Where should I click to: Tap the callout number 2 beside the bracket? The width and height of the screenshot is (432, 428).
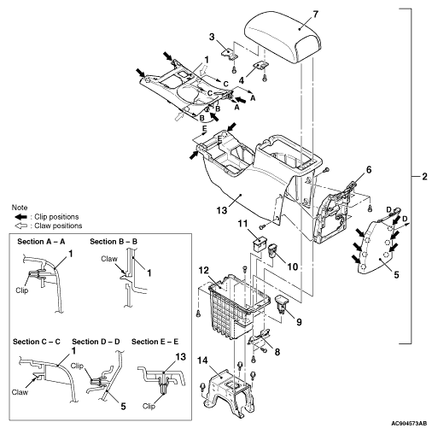424,177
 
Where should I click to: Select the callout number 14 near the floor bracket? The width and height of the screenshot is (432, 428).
203,361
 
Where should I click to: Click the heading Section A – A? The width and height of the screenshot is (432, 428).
41,242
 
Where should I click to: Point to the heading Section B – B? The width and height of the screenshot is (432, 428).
114,242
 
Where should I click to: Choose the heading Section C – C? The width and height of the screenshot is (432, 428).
37,342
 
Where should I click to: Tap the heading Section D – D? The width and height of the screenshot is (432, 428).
96,342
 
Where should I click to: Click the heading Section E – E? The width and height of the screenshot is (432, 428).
155,342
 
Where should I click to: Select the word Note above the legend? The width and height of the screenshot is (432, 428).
20,208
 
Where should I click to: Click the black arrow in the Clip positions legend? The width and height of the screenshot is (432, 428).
20,217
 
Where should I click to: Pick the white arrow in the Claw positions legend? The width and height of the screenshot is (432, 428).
20,226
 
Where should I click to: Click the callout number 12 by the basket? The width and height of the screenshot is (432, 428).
204,270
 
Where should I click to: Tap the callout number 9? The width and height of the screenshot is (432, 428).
299,322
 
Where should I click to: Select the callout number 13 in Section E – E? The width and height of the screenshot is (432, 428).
180,357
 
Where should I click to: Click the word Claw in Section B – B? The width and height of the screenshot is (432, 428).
109,259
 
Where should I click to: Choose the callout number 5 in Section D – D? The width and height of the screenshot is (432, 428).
123,407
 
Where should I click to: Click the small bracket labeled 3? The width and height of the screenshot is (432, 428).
229,53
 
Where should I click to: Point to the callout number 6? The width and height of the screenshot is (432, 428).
369,170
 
